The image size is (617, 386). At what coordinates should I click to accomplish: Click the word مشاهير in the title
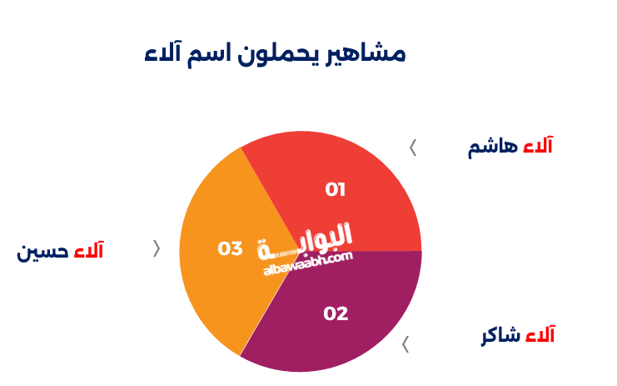click(366, 54)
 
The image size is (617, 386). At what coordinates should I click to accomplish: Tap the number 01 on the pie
click(336, 190)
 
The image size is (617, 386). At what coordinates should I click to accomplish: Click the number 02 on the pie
click(336, 314)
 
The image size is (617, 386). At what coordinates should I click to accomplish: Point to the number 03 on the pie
click(230, 249)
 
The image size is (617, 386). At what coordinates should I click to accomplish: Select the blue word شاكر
click(501, 336)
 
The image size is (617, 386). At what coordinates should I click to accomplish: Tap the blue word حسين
click(42, 251)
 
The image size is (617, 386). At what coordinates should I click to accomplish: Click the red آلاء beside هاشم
click(538, 145)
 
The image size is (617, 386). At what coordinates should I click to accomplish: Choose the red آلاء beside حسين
click(88, 250)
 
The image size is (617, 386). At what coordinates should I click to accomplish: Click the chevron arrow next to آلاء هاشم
click(413, 148)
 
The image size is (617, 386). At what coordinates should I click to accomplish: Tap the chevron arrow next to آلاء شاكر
click(406, 344)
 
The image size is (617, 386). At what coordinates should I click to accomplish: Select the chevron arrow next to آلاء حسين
click(157, 248)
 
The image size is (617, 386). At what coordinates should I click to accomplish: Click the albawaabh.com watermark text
click(308, 263)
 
